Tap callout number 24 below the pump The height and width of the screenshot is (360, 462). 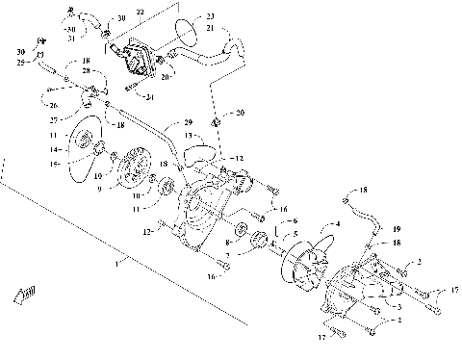[x=150, y=97]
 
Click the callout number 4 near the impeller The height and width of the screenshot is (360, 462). [x=337, y=224]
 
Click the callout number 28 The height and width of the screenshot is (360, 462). [x=88, y=71]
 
